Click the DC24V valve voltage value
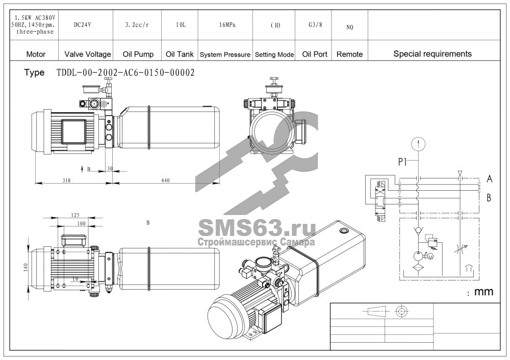click(82, 24)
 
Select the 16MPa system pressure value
click(227, 24)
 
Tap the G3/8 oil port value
click(315, 24)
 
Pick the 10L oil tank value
click(181, 24)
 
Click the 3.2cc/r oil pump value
click(137, 24)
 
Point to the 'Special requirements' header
click(432, 54)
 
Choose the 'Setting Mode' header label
click(274, 55)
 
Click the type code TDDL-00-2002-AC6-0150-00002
click(125, 72)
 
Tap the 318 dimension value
click(66, 180)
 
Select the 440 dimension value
click(165, 180)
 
